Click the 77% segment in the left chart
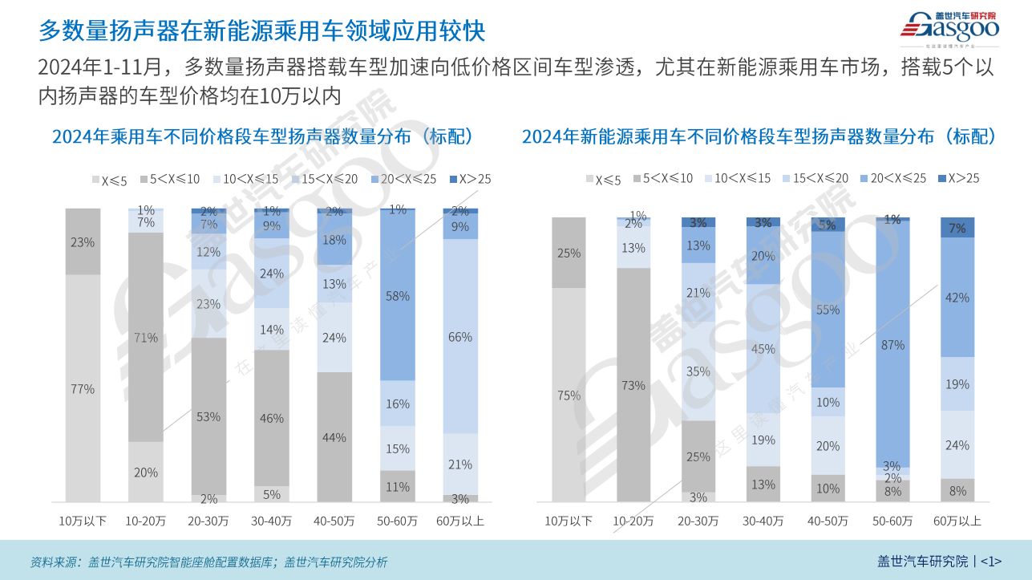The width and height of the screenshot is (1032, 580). (x=83, y=388)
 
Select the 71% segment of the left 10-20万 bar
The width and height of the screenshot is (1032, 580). (x=145, y=337)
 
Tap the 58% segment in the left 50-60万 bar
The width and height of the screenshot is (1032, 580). (x=397, y=296)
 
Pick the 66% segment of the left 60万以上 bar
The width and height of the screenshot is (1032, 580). (x=460, y=337)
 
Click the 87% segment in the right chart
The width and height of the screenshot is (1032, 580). (x=892, y=345)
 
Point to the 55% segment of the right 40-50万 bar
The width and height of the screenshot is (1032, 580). (x=828, y=310)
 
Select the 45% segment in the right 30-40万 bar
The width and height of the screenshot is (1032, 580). (x=763, y=349)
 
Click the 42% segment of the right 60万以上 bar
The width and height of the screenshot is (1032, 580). (x=957, y=297)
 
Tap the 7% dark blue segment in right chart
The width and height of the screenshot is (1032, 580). (x=957, y=228)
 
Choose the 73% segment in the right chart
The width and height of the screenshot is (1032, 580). (x=633, y=385)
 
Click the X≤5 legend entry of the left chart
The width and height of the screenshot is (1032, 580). (x=109, y=180)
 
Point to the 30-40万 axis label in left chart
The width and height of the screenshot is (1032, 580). (x=271, y=521)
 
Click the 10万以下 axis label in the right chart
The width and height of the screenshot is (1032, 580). (x=569, y=521)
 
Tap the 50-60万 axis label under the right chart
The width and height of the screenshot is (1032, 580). (x=892, y=521)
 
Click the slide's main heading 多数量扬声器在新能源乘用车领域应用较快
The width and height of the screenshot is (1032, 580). (x=261, y=30)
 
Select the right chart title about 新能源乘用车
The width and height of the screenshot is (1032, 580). (x=759, y=136)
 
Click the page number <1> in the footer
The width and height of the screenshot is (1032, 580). (x=991, y=561)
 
